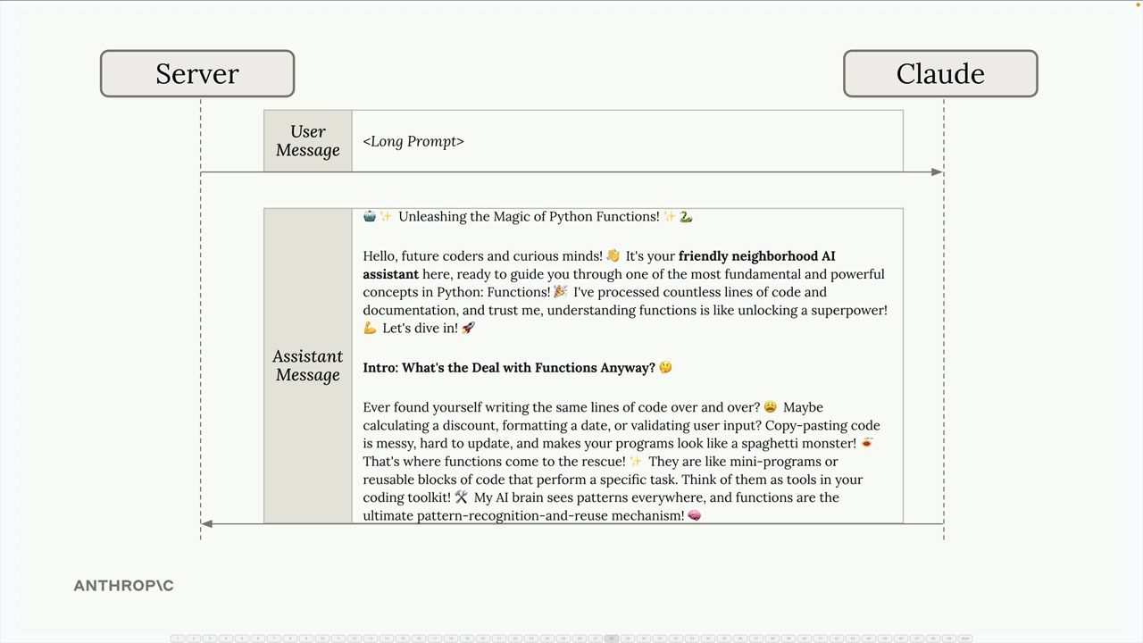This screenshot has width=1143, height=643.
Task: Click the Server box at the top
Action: tap(197, 73)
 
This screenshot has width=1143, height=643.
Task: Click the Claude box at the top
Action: tap(940, 73)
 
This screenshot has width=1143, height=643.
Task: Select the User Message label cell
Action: tap(308, 141)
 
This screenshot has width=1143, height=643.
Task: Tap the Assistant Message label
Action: tap(308, 366)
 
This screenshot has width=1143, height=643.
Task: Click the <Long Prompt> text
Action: tap(413, 141)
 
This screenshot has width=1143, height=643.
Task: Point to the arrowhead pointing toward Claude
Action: tap(937, 171)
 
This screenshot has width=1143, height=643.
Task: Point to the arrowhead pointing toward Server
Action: tap(207, 524)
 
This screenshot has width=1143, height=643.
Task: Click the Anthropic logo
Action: tap(123, 586)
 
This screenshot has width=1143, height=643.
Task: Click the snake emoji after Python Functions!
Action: tap(686, 217)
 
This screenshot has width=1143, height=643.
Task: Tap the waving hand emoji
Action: tap(613, 256)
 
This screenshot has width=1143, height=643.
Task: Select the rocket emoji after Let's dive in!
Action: tap(468, 329)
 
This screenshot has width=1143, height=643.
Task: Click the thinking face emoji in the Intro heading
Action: tap(664, 368)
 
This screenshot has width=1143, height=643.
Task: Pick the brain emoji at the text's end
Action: tap(695, 516)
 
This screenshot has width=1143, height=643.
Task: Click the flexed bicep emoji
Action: tap(370, 329)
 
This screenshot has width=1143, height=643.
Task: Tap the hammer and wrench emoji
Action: tap(461, 497)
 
